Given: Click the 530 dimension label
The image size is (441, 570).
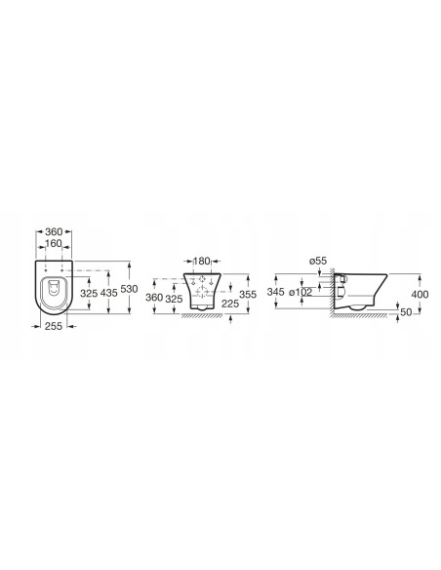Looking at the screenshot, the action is pos(129,289).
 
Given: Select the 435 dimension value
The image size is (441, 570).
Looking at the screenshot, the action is pos(108,293).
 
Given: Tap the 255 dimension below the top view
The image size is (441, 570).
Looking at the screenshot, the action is pos(54,326).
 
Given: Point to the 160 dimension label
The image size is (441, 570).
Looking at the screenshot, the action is pos(54,244).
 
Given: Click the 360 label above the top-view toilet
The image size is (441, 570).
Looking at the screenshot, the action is pos(54,231).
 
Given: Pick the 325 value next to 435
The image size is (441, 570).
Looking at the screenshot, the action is pos(89,293).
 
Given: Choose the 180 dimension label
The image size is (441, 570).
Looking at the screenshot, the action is pos(202,261).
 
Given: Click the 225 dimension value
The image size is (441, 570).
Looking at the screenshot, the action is pos(230,304).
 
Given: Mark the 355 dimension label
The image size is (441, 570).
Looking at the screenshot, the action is pos(248,294).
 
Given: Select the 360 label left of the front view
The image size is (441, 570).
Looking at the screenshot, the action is pos(154,298).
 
